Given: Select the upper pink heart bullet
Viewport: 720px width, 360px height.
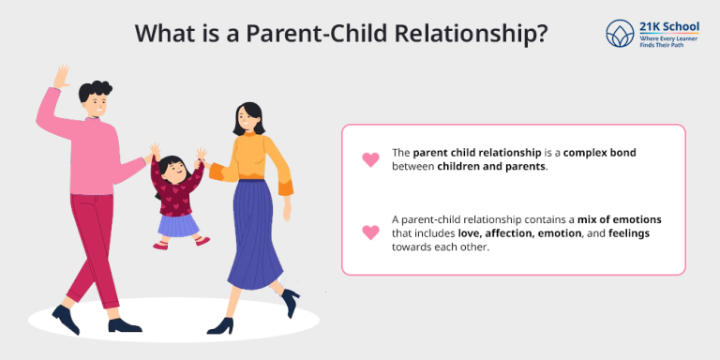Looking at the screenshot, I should tap(370, 159).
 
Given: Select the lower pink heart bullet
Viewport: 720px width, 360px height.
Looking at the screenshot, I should tap(370, 232).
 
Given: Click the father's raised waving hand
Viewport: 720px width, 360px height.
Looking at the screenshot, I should tap(62, 78).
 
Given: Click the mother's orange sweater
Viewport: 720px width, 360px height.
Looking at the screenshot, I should tap(254, 155).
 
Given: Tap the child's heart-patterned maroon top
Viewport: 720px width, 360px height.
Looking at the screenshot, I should tap(177, 198).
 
